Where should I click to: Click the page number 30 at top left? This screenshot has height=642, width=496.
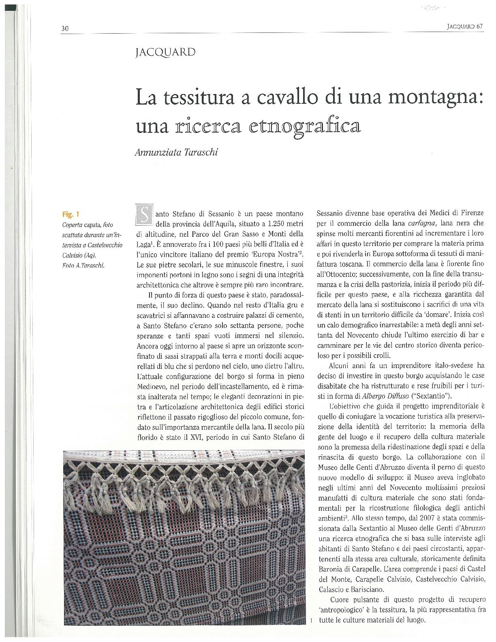tap(65, 28)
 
